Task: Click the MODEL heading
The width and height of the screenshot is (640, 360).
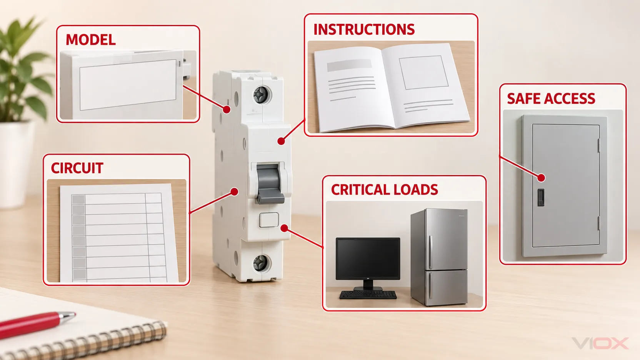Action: pos(90,40)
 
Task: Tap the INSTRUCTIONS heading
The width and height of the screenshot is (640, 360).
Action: pos(364,30)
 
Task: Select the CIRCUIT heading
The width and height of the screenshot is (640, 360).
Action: pos(77,168)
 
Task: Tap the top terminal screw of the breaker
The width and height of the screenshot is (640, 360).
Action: pos(261,95)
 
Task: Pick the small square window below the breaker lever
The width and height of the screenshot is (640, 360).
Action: pos(269,220)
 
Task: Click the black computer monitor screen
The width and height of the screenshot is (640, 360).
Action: pos(368,258)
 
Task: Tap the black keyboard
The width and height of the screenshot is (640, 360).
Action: pos(368,295)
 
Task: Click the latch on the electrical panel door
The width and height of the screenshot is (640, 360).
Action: pos(541,197)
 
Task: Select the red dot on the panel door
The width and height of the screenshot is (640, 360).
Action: pos(541,178)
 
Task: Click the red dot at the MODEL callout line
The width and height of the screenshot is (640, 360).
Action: pos(227,109)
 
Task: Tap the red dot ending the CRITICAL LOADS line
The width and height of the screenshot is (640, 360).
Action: pos(284,228)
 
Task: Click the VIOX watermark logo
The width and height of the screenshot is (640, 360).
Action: pos(600,343)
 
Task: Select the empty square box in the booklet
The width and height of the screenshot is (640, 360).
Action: pos(423,73)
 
